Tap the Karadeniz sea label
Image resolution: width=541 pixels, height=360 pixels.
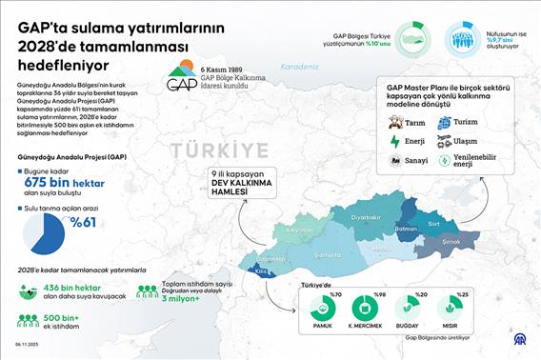point(300,67)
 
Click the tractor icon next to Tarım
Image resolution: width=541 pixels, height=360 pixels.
point(394,122)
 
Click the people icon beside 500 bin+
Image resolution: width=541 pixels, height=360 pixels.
point(21,319)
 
